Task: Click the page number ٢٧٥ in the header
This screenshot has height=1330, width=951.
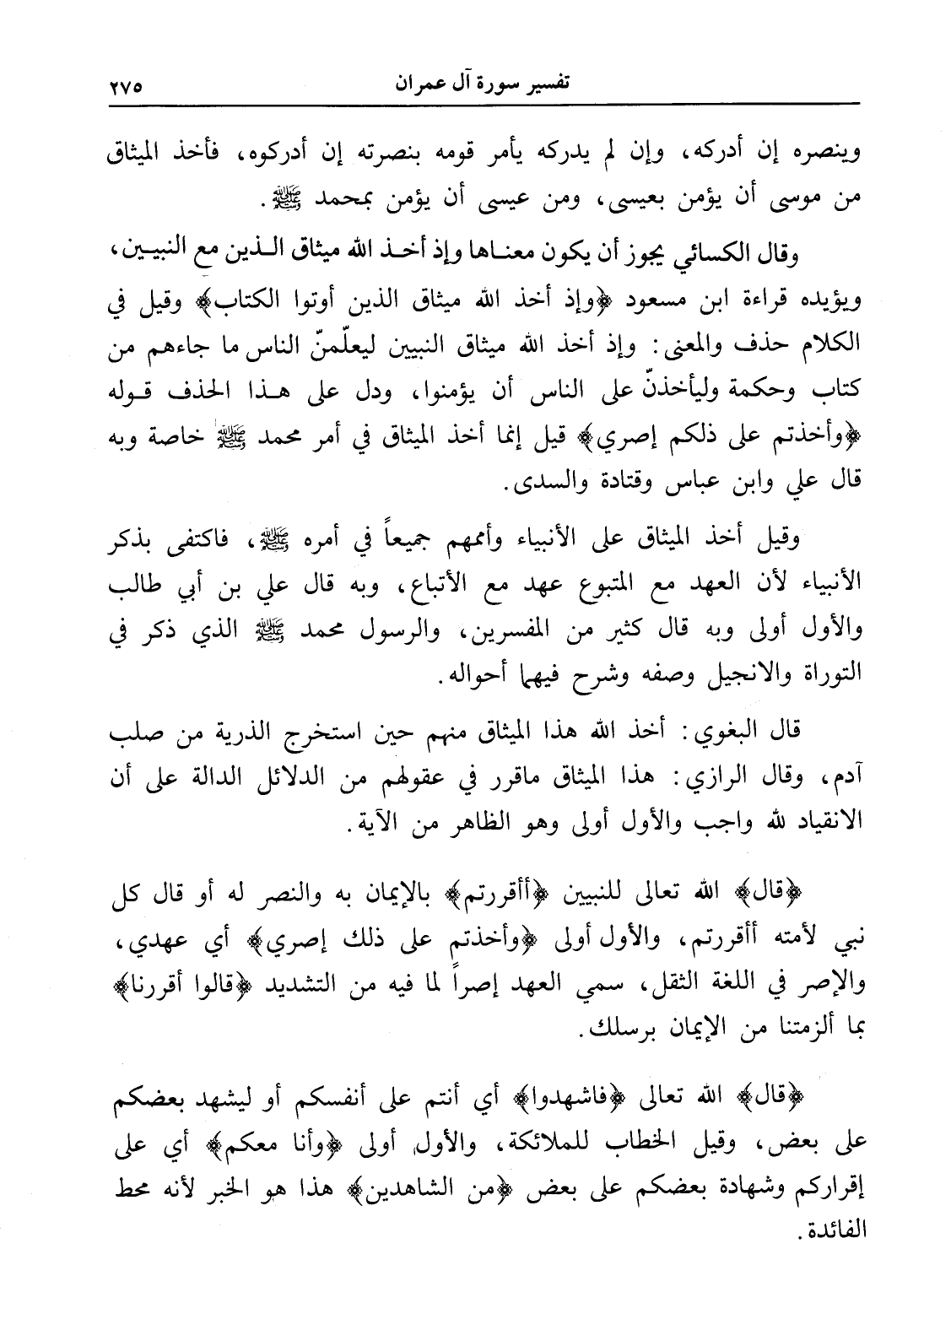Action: (127, 86)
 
